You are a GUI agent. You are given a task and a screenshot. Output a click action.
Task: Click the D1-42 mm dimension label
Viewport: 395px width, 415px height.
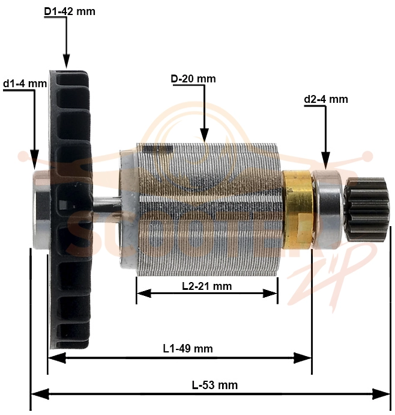(x=70, y=11)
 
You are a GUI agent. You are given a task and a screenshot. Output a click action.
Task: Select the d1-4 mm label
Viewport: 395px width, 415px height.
(x=25, y=84)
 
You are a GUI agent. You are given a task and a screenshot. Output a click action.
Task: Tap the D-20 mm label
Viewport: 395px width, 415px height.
(x=193, y=79)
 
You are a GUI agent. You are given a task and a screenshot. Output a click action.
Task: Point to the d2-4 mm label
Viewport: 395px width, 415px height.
(x=326, y=99)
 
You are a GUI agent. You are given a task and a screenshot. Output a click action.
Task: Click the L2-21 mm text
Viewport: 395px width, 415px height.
(x=207, y=286)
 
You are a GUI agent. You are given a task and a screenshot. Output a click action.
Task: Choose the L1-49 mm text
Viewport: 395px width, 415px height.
(x=188, y=348)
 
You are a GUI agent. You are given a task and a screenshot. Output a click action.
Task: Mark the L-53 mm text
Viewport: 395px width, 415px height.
(x=214, y=385)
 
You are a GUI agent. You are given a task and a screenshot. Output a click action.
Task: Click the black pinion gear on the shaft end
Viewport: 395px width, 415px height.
(x=367, y=209)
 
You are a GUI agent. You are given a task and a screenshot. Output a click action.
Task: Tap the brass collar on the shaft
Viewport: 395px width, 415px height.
(x=298, y=210)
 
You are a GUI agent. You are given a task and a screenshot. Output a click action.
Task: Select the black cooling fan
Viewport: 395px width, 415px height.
(x=71, y=210)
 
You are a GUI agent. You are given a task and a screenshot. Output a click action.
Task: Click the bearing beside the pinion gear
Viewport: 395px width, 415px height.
(x=328, y=209)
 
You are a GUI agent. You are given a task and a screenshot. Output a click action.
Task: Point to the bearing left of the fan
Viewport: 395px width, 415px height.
(x=41, y=209)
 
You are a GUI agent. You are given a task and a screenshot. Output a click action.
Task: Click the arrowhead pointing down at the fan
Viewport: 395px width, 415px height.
(x=66, y=61)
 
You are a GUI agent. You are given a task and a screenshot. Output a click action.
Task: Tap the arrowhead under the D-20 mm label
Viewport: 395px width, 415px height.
(x=205, y=135)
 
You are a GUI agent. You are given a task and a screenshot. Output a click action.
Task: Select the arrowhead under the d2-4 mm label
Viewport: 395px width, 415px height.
(x=326, y=161)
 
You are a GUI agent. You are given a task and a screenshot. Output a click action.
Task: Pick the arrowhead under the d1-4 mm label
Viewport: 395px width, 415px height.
(x=35, y=159)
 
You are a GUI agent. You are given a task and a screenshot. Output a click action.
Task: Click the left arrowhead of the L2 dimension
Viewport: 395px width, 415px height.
(x=144, y=294)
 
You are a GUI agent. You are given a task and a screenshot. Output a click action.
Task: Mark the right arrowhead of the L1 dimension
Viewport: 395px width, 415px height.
(x=303, y=358)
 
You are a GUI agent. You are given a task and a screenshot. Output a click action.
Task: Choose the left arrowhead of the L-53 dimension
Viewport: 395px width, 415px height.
(x=40, y=394)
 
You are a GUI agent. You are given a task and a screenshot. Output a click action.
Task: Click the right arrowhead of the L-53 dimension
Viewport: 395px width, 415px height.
(x=382, y=394)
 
